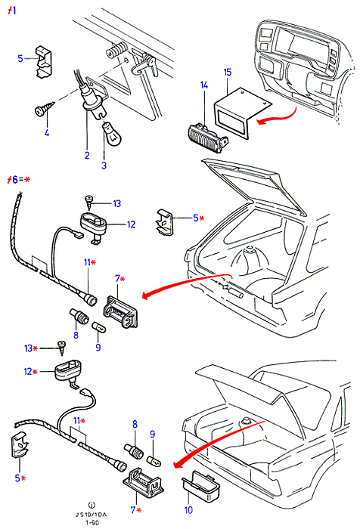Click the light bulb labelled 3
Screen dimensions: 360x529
[x=111, y=134]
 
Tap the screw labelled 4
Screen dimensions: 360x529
[x=45, y=109]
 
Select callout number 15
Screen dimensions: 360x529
[x=228, y=73]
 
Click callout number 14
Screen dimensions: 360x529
[x=204, y=85]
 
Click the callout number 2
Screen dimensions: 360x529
[x=87, y=155]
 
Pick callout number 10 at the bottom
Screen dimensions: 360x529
[x=188, y=510]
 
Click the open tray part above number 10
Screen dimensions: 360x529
[x=200, y=486]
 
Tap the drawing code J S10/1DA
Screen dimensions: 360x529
[x=91, y=515]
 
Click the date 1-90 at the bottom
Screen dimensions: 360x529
[x=91, y=523]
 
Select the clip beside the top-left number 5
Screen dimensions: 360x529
[x=44, y=62]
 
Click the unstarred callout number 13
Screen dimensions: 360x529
[x=116, y=203]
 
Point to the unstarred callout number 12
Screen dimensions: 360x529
[x=131, y=224]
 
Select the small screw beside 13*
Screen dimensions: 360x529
[x=62, y=348]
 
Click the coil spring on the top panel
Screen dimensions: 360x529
[x=116, y=51]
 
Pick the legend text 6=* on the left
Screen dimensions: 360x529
[x=19, y=180]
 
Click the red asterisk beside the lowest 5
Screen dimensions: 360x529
[x=23, y=478]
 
